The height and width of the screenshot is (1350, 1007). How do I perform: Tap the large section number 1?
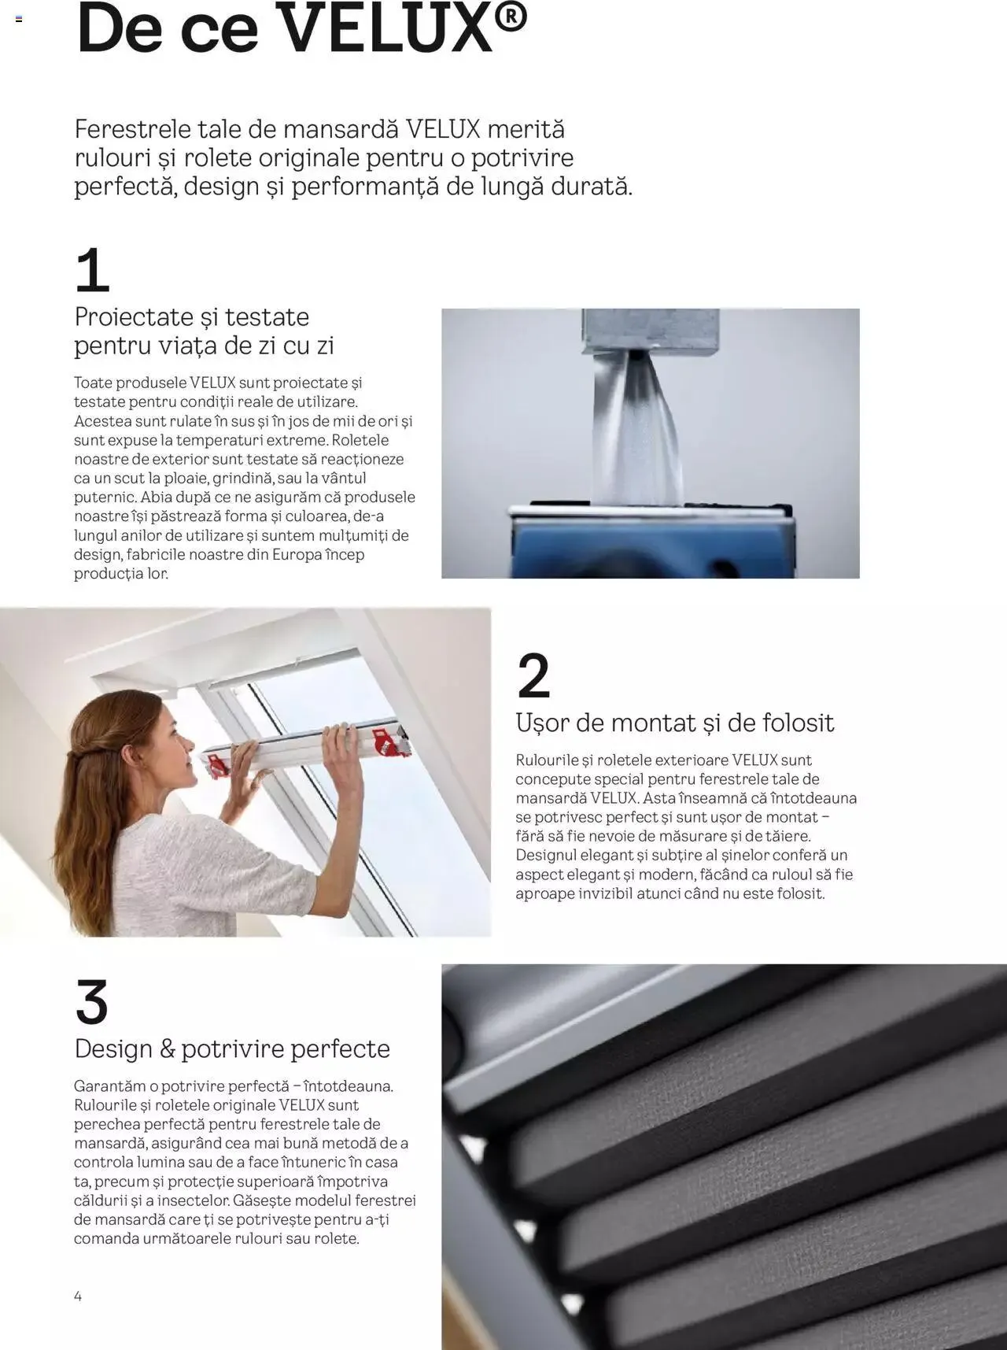92,270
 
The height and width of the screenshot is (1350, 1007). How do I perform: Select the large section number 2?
533,675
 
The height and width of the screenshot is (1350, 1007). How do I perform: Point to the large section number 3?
91,1002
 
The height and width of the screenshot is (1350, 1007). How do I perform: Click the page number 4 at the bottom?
78,1296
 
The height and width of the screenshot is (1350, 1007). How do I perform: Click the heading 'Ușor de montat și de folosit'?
674,723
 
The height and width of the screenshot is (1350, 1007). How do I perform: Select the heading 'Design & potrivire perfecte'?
232,1049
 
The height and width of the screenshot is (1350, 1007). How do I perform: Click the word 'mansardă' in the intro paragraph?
338,129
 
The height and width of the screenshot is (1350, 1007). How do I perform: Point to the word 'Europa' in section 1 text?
297,554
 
